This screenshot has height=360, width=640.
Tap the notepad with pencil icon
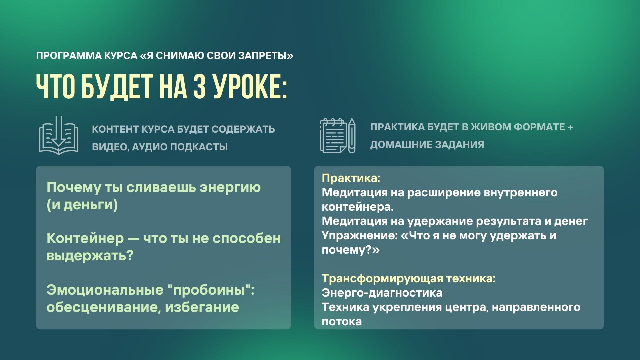(338, 136)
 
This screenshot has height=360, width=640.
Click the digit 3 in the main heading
(200, 86)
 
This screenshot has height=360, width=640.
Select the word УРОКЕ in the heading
(250, 86)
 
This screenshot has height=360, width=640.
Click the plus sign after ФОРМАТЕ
(570, 127)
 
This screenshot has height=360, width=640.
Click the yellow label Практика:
(351, 178)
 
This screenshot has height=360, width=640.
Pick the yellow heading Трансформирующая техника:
(408, 278)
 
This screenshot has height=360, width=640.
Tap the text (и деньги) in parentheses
(82, 205)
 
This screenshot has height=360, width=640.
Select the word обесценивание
(103, 307)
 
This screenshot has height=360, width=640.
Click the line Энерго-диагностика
(382, 293)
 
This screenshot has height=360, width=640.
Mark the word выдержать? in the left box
(90, 256)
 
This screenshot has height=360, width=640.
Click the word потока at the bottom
(342, 321)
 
